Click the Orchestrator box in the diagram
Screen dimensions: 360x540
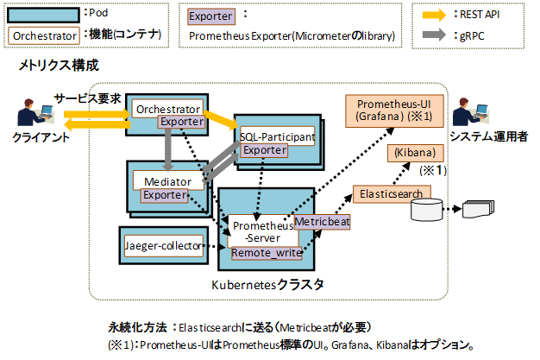click(167, 109)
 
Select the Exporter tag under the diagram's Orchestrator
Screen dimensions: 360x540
click(180, 123)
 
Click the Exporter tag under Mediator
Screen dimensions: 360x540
click(164, 195)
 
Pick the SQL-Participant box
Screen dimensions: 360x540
click(277, 136)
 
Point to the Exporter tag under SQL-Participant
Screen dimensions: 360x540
click(265, 150)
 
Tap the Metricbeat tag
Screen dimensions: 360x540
click(321, 222)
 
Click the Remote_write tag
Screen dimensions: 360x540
click(263, 254)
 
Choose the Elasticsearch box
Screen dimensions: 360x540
click(390, 194)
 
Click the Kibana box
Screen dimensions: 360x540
click(416, 153)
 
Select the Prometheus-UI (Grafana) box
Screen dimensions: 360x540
click(392, 110)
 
